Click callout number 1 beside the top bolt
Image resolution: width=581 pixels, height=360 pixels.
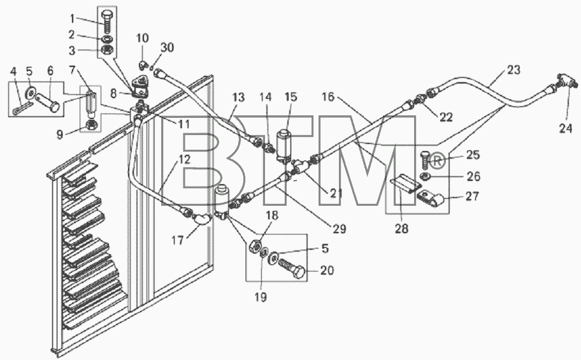(72, 17)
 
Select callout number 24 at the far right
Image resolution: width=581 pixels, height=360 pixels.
(566, 128)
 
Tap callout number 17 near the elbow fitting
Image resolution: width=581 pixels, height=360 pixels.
(178, 240)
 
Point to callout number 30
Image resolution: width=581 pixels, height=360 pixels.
(167, 47)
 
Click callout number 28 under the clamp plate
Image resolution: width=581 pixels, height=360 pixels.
(401, 229)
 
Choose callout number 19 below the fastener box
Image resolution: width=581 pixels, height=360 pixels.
(261, 297)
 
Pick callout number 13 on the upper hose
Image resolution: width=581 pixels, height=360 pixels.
(239, 97)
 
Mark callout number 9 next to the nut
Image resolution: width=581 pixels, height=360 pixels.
(60, 134)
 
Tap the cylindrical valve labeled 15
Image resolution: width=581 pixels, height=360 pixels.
(285, 145)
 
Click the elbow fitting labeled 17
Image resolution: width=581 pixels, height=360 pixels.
(203, 219)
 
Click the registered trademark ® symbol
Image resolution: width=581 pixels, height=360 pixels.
(437, 161)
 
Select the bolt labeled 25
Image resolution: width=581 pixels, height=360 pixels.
(425, 160)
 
